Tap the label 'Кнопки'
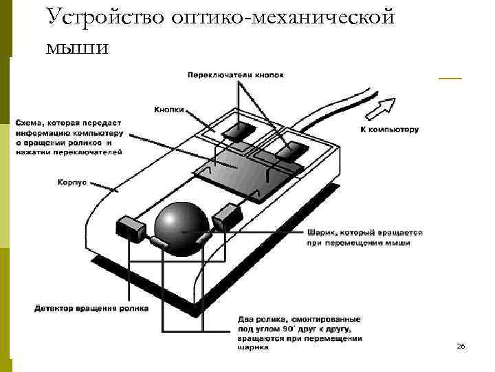pyautogui.click(x=169, y=109)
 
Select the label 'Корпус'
pyautogui.click(x=72, y=183)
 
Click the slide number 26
pyautogui.click(x=461, y=346)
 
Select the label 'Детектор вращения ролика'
pyautogui.click(x=91, y=309)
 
